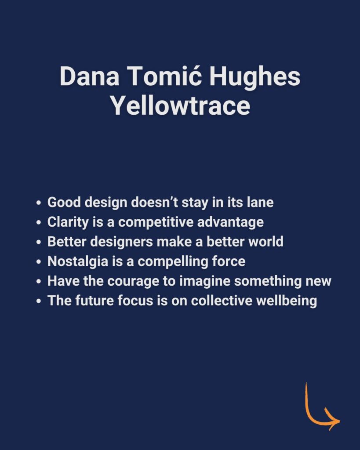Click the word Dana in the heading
[x=89, y=76]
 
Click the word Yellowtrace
[x=180, y=105]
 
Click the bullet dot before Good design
[x=39, y=203]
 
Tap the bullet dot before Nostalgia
[x=39, y=262]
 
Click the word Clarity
[x=68, y=222]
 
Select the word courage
[x=133, y=282]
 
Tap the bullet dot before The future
[x=39, y=301]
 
